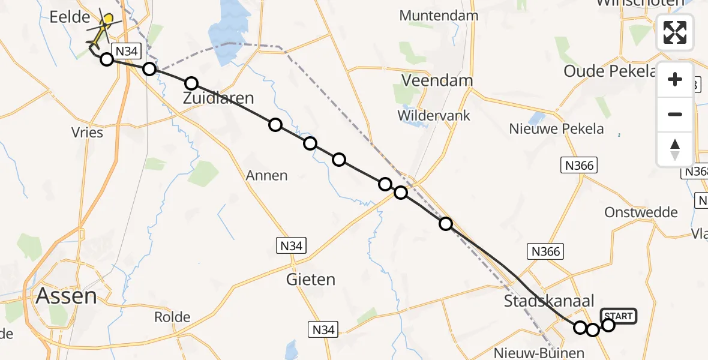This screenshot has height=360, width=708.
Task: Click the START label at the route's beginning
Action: click(x=619, y=316)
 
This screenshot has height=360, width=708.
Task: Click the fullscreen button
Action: click(x=675, y=32)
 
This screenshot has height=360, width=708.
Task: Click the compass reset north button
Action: click(x=675, y=149)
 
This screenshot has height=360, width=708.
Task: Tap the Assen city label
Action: click(x=66, y=296)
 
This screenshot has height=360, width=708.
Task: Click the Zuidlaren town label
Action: click(x=218, y=98)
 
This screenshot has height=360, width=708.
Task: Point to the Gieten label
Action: click(x=310, y=280)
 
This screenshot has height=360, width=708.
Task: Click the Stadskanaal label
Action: click(x=549, y=301)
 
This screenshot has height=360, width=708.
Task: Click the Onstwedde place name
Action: click(x=641, y=212)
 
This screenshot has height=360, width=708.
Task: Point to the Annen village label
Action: click(x=266, y=176)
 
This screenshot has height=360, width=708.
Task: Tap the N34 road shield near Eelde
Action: click(x=127, y=52)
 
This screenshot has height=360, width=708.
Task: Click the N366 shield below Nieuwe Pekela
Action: click(x=580, y=165)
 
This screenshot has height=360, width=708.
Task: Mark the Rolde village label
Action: click(x=172, y=317)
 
